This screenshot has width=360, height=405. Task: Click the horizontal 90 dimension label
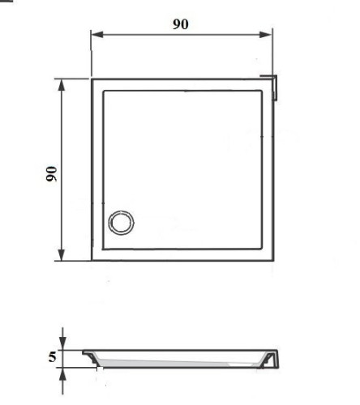181,23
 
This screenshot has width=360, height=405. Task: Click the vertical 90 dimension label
51,173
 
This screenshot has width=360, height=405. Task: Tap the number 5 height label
52,356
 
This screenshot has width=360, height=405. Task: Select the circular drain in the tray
121,222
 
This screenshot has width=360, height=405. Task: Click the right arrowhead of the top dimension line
265,35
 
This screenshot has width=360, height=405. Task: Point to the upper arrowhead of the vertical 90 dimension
62,85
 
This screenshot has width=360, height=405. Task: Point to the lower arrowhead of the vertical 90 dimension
62,254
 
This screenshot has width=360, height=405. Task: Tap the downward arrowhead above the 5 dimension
62,343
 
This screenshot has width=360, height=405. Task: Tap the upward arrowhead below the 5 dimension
62,374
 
